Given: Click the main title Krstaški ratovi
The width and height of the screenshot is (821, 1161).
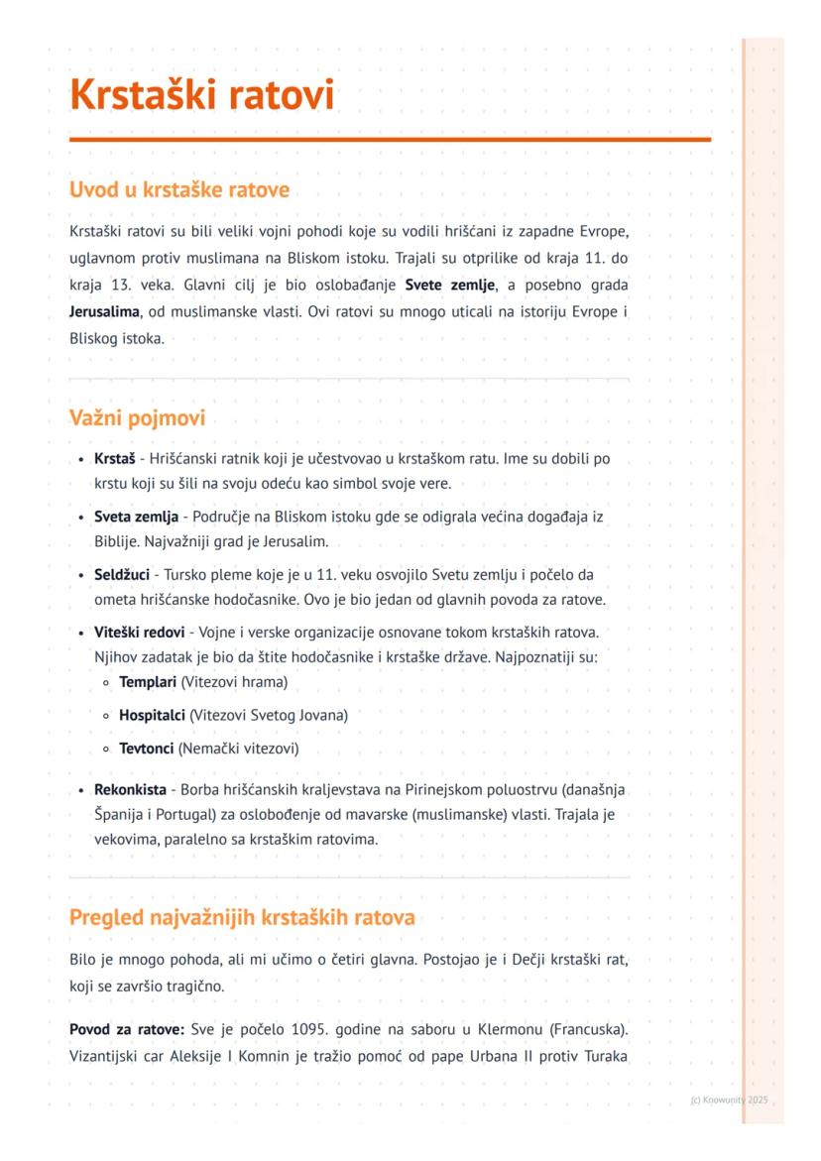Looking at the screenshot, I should point(202,96).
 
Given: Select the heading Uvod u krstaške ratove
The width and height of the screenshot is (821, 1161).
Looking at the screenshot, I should point(178,189).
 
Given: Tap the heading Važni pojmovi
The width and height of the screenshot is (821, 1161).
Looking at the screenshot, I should point(137,418).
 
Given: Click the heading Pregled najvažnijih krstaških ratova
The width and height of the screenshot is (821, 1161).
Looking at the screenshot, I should point(242,917).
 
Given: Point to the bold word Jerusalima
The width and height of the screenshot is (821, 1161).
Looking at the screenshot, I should point(101,311).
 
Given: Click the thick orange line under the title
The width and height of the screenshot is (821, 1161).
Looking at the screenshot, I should point(390,140).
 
